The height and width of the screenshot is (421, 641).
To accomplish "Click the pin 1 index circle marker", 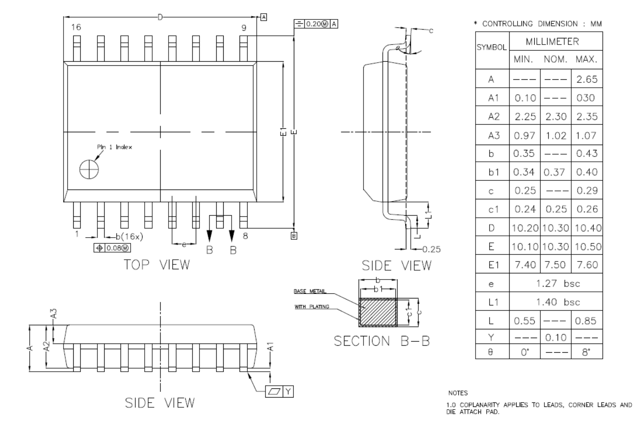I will click(89, 169).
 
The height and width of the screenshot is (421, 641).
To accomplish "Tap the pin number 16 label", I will click(76, 27).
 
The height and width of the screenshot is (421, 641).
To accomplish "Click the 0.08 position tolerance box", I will click(112, 248).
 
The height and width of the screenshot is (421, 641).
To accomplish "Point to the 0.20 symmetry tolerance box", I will click(316, 24).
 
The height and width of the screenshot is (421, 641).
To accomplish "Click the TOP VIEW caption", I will click(157, 265).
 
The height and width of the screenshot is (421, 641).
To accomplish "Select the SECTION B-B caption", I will click(381, 341).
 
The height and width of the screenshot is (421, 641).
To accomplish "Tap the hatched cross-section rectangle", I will click(378, 312).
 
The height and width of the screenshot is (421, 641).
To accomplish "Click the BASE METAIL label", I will click(310, 291).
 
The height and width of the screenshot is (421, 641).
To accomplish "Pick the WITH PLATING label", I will click(312, 307).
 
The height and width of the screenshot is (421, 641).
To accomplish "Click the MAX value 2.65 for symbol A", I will click(586, 79).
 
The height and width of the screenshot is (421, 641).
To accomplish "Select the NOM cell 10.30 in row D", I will click(555, 228).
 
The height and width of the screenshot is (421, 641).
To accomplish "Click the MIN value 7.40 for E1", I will click(525, 265).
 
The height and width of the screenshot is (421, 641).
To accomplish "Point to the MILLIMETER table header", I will click(552, 41).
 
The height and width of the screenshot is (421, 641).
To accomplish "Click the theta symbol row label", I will click(491, 353).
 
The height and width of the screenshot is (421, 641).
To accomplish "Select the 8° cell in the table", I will click(586, 353).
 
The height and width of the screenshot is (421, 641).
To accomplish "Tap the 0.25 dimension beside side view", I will click(431, 249).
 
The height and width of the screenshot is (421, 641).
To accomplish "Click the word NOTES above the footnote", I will click(457, 393).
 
